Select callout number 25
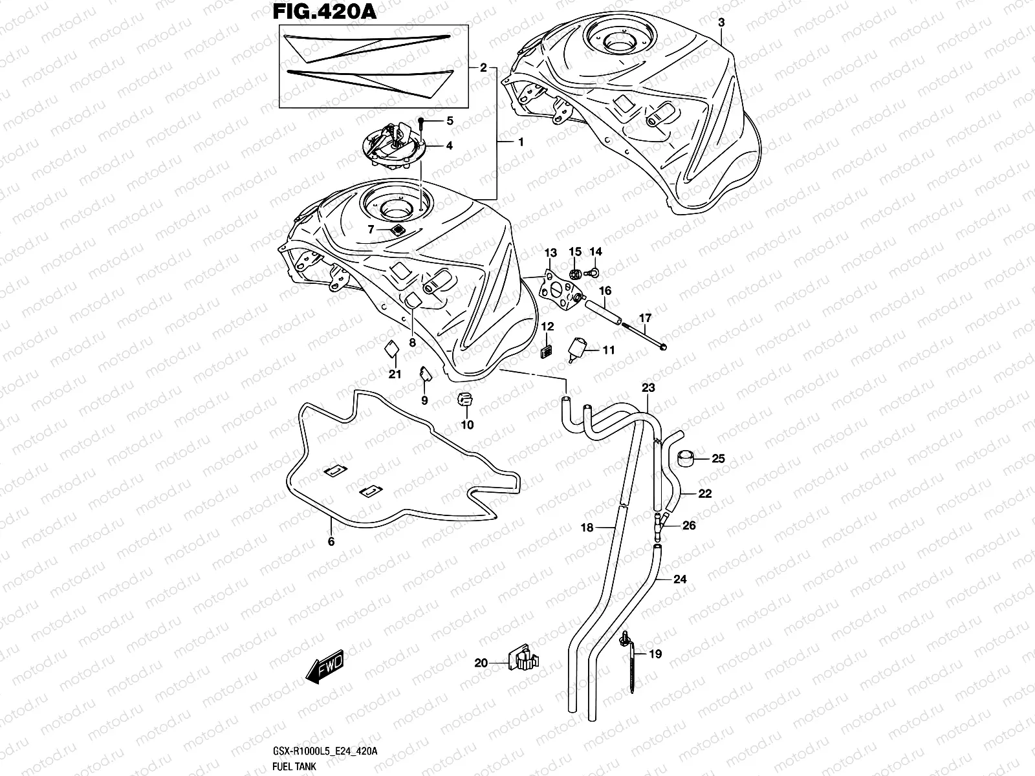pos(718,459)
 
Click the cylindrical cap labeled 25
pos(686,460)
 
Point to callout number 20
pos(481,662)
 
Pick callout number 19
pos(655,654)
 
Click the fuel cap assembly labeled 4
pos(393,146)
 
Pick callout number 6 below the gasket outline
pos(331,542)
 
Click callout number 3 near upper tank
pos(722,22)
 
